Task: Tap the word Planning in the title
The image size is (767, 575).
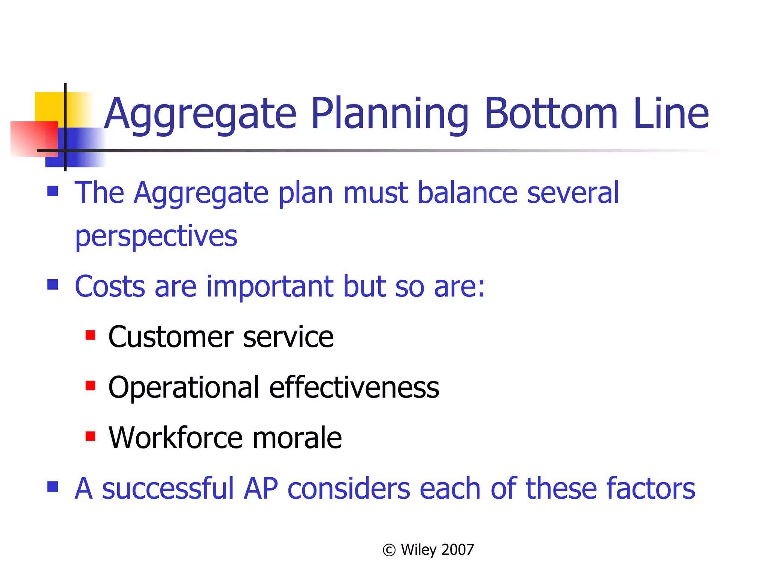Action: click(389, 113)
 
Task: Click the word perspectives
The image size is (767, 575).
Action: click(156, 237)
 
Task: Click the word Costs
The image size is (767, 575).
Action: click(110, 286)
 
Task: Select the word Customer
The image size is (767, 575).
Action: click(170, 337)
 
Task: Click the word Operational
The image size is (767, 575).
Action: click(184, 387)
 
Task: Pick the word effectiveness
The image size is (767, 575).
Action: click(354, 387)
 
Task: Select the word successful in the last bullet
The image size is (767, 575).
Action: click(168, 489)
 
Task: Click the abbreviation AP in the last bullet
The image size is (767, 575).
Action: click(261, 489)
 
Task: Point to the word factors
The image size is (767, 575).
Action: click(651, 489)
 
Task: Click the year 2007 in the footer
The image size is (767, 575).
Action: click(458, 550)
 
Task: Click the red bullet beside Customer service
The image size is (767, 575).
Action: click(90, 335)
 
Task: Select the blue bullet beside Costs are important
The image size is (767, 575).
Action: click(53, 285)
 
